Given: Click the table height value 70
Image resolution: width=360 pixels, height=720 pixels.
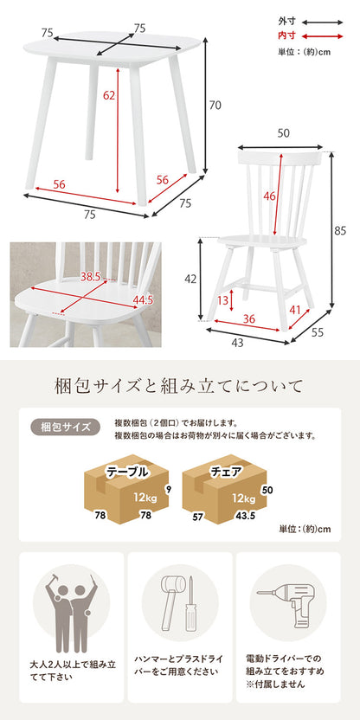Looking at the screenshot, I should [x=215, y=106].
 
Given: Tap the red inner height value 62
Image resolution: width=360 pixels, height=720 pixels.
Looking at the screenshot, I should [x=108, y=96].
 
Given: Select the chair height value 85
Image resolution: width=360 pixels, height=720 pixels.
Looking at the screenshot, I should [x=339, y=230].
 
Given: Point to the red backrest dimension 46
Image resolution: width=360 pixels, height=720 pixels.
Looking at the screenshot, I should [x=269, y=196].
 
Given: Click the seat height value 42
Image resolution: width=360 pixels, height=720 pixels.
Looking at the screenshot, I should [x=191, y=280].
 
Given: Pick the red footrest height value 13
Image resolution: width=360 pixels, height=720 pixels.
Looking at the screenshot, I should [x=223, y=299].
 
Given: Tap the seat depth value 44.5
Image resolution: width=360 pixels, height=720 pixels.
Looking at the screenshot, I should [x=144, y=300].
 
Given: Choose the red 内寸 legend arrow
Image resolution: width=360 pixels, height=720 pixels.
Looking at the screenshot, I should [x=324, y=36].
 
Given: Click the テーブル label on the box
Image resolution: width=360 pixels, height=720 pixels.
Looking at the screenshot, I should [x=126, y=472].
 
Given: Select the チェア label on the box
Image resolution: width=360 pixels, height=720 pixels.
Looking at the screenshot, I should [x=226, y=472].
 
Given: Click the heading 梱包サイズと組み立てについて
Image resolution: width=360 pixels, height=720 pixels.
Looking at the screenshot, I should [x=179, y=383].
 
